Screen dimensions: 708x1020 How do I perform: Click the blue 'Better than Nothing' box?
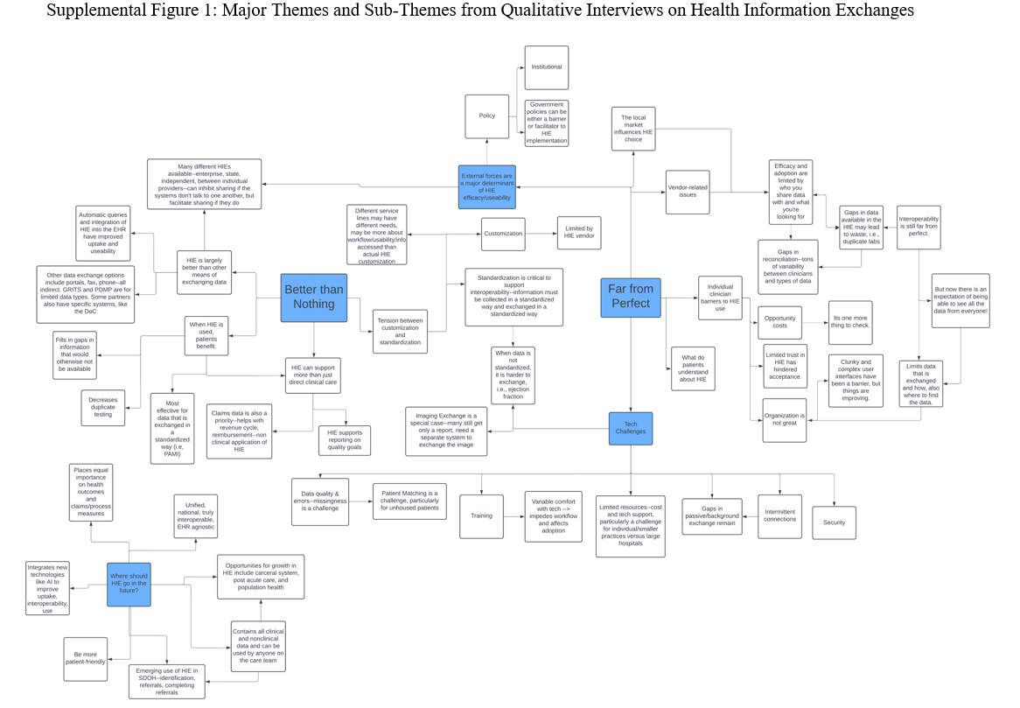[x=313, y=297]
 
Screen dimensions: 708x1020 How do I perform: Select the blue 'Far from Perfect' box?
[x=630, y=297]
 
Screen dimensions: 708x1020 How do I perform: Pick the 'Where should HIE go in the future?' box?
[x=129, y=584]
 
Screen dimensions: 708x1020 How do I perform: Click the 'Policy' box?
[x=486, y=116]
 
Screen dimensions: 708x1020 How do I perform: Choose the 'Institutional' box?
[x=546, y=67]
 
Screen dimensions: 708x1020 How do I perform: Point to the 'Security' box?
[x=834, y=522]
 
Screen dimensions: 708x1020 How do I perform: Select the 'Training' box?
[x=481, y=516]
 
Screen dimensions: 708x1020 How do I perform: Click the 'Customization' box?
[x=503, y=234]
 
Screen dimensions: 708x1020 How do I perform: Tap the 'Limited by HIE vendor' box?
[x=578, y=234]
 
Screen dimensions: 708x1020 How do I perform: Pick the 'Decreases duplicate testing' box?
[x=102, y=406]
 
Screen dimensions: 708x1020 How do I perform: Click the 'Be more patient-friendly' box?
[x=86, y=657]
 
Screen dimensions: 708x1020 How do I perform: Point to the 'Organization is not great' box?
[x=784, y=420]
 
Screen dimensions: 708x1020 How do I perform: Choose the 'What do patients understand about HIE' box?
[x=693, y=370]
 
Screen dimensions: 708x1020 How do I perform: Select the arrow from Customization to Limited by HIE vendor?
[x=541, y=234]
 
